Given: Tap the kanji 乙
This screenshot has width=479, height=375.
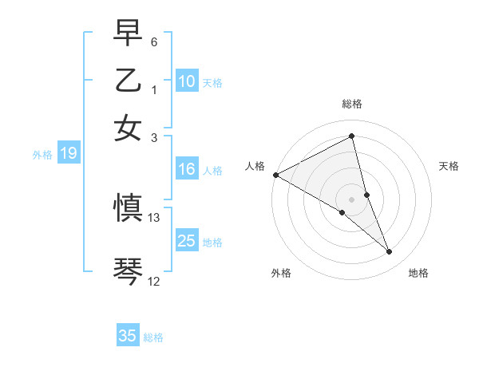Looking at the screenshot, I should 128,82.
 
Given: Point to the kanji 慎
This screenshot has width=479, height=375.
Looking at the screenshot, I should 128,208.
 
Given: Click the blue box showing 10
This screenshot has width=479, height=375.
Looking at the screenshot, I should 186,81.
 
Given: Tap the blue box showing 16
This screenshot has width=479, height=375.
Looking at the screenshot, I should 186,169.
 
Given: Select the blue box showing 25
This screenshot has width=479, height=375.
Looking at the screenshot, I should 186,241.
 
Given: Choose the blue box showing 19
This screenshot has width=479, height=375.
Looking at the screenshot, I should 68,154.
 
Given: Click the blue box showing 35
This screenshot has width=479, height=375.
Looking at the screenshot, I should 128,336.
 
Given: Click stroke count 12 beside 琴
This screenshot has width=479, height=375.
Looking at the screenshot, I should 154,281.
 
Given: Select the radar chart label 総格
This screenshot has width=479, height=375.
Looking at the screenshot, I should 351,104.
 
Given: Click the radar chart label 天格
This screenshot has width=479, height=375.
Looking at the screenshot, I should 449,166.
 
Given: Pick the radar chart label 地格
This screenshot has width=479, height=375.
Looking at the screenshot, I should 418,273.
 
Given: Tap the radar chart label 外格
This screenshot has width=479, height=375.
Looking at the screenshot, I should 281,273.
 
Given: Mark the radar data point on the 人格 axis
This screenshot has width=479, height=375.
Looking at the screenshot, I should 275,175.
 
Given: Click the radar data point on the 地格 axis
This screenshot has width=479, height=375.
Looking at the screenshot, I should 390,252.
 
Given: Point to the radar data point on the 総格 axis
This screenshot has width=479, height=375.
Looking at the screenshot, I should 351,136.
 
